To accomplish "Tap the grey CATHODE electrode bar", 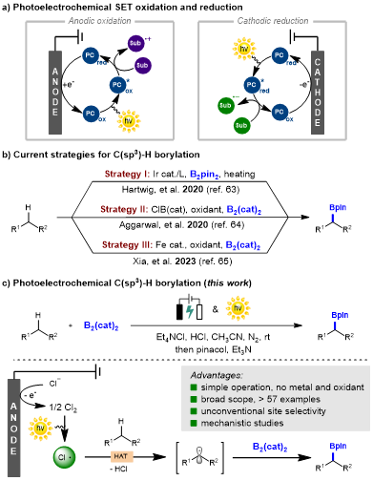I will [318, 91].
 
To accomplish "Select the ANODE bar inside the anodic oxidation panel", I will [55, 92].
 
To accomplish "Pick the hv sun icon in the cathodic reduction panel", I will [244, 48].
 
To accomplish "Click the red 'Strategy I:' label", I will [127, 174].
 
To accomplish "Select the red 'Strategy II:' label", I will [124, 209].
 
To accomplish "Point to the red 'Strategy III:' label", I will [126, 244].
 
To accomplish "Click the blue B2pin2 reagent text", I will [204, 175].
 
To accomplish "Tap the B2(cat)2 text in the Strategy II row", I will [244, 210].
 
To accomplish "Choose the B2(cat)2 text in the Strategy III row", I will [243, 245].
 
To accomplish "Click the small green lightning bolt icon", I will [190, 311].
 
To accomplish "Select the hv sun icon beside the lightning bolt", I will [238, 307].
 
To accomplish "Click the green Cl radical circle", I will [64, 457].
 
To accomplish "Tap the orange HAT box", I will [121, 456].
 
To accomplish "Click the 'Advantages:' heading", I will [217, 375].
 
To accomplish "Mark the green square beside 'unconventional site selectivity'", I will [194, 411].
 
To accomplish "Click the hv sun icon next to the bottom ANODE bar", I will [40, 428].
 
